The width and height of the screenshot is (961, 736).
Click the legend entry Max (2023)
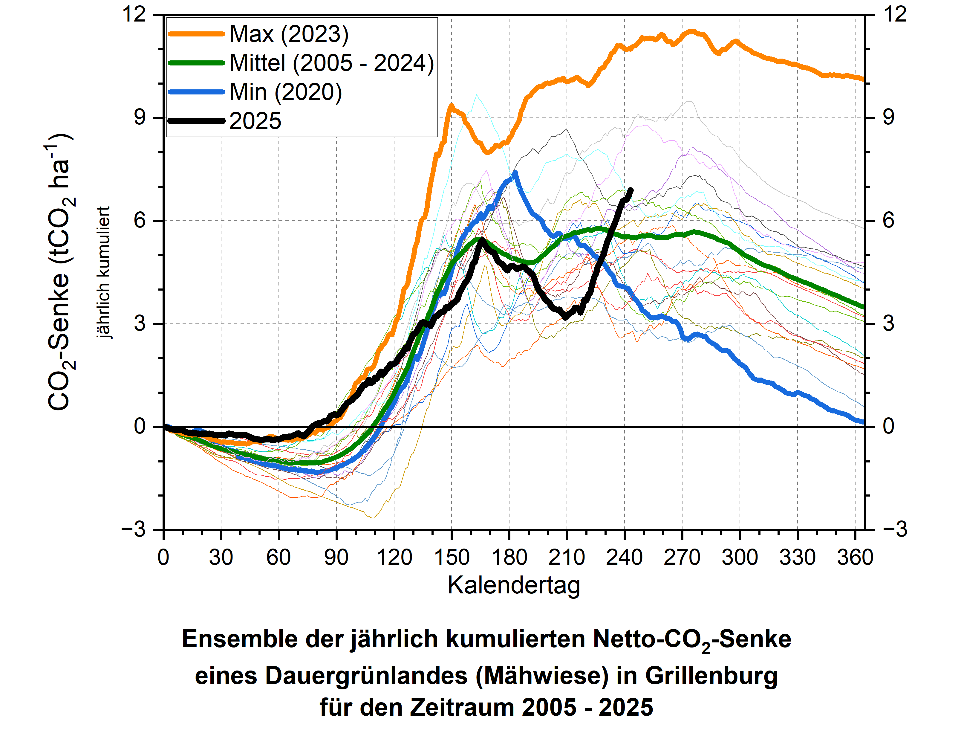click(x=289, y=34)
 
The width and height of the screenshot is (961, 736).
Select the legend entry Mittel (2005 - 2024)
click(x=331, y=63)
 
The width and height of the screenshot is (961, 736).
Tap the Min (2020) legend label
click(x=285, y=92)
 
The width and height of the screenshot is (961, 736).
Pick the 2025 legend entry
click(x=255, y=121)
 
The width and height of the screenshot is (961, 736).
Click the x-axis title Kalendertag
click(x=514, y=585)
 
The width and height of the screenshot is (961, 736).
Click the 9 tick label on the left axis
click(x=140, y=117)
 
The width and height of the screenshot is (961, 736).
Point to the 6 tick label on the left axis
click(x=140, y=220)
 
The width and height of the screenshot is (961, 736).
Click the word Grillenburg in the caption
click(x=711, y=676)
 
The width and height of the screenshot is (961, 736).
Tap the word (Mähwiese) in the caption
click(x=542, y=676)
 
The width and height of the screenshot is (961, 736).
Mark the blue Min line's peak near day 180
click(x=515, y=172)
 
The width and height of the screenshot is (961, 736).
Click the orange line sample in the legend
click(x=197, y=34)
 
